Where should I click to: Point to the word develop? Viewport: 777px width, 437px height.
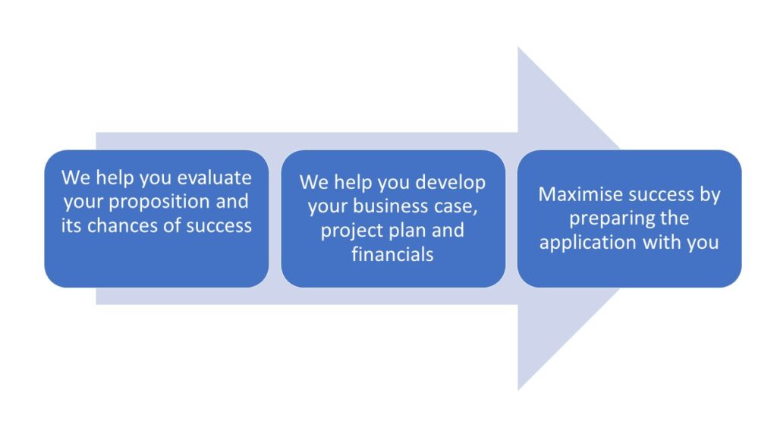point(450,183)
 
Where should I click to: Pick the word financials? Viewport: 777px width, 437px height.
point(392,254)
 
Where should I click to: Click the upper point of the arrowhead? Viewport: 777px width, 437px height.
point(518,48)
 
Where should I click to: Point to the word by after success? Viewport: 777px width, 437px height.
point(710,195)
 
